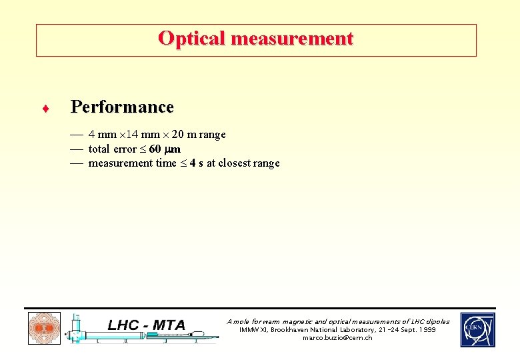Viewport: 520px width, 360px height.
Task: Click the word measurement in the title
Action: (291, 39)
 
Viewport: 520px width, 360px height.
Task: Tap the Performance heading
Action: (122, 107)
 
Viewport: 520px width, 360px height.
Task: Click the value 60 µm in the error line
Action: (165, 149)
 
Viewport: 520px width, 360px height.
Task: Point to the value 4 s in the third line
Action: (195, 163)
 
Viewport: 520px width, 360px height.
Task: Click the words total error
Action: (112, 149)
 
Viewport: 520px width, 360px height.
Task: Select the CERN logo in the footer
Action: (477, 330)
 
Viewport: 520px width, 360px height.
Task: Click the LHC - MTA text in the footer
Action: (147, 325)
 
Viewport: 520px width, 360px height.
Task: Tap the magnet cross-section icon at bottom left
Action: (43, 329)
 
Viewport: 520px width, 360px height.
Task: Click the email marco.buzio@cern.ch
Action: (337, 338)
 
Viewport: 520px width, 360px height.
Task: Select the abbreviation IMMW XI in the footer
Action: (254, 330)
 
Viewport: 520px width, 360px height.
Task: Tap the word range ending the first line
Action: (212, 135)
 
